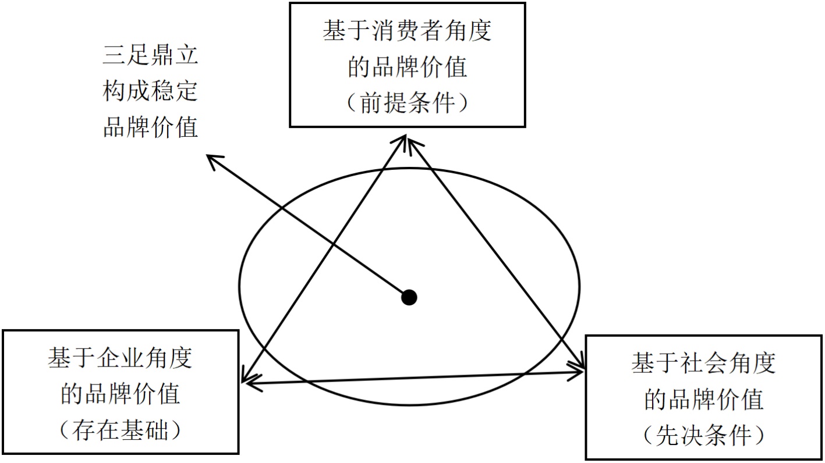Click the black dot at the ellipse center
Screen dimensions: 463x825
pyautogui.click(x=410, y=297)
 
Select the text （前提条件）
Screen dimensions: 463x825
pyautogui.click(x=407, y=104)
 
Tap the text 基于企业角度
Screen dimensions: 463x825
pyautogui.click(x=120, y=359)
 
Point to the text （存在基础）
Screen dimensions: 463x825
pyautogui.click(x=120, y=431)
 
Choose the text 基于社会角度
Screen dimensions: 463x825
pyautogui.click(x=704, y=364)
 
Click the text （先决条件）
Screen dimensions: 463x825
pyautogui.click(x=704, y=436)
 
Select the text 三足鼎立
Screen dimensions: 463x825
pyautogui.click(x=151, y=56)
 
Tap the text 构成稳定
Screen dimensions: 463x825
pyautogui.click(x=151, y=92)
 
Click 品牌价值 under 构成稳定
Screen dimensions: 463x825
pyautogui.click(x=151, y=127)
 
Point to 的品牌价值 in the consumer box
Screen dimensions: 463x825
pyautogui.click(x=407, y=67)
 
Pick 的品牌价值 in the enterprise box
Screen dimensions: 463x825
pyautogui.click(x=120, y=395)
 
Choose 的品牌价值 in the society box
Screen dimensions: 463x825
pyautogui.click(x=704, y=400)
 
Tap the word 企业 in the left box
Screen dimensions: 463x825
pyautogui.click(x=120, y=359)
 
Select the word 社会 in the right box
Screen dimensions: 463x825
pyautogui.click(x=704, y=364)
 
